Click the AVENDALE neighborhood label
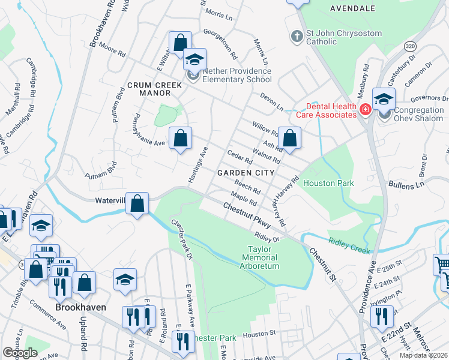(x=352, y=8)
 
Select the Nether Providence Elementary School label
(x=237, y=76)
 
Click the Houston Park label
(x=328, y=182)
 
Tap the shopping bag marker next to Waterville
(x=137, y=203)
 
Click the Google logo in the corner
(x=20, y=353)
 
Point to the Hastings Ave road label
(x=198, y=166)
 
